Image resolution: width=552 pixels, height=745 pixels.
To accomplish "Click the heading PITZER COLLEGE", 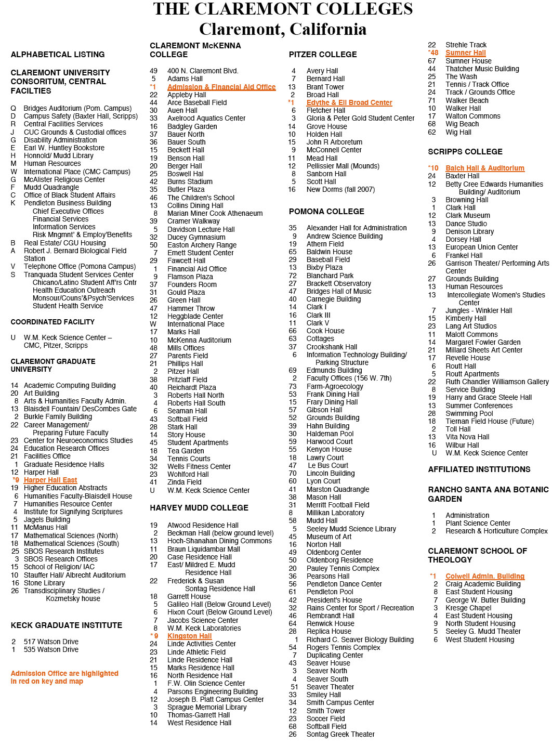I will coord(323,55).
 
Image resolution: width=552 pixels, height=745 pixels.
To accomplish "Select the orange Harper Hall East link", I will coord(50,480).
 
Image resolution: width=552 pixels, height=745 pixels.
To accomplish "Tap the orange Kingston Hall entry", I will coord(189,636).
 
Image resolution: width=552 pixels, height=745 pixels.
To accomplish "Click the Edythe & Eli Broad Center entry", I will coord(349,102).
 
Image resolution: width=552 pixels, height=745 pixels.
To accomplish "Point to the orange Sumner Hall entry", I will coord(465,53).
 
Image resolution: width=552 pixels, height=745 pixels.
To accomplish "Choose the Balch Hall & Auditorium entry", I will coord(484,168).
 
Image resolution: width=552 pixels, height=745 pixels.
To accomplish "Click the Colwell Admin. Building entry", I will coord(484,576).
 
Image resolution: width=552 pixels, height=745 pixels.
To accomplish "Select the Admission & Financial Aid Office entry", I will coord(221,87).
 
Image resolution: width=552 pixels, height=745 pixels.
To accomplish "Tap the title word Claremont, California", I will coord(283,29).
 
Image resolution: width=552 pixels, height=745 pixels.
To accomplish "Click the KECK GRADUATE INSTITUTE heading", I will coord(67,625).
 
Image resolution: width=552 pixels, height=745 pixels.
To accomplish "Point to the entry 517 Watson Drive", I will coord(51,642).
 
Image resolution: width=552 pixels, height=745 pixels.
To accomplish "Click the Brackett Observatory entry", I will coord(338,283).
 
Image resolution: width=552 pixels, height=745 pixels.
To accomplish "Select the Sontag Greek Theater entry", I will coord(340,734).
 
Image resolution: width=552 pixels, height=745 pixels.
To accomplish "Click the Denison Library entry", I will coord(469,231).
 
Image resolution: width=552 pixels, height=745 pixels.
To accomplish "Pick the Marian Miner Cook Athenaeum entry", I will coord(215,213).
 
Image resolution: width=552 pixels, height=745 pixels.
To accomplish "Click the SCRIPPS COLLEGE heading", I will coord(465,152).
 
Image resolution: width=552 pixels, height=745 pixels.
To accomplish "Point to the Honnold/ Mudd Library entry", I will coord(58,155).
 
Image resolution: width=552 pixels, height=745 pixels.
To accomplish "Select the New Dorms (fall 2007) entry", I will coord(340,189).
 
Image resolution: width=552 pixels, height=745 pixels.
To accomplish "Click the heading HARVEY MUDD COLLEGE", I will coord(199,508).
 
